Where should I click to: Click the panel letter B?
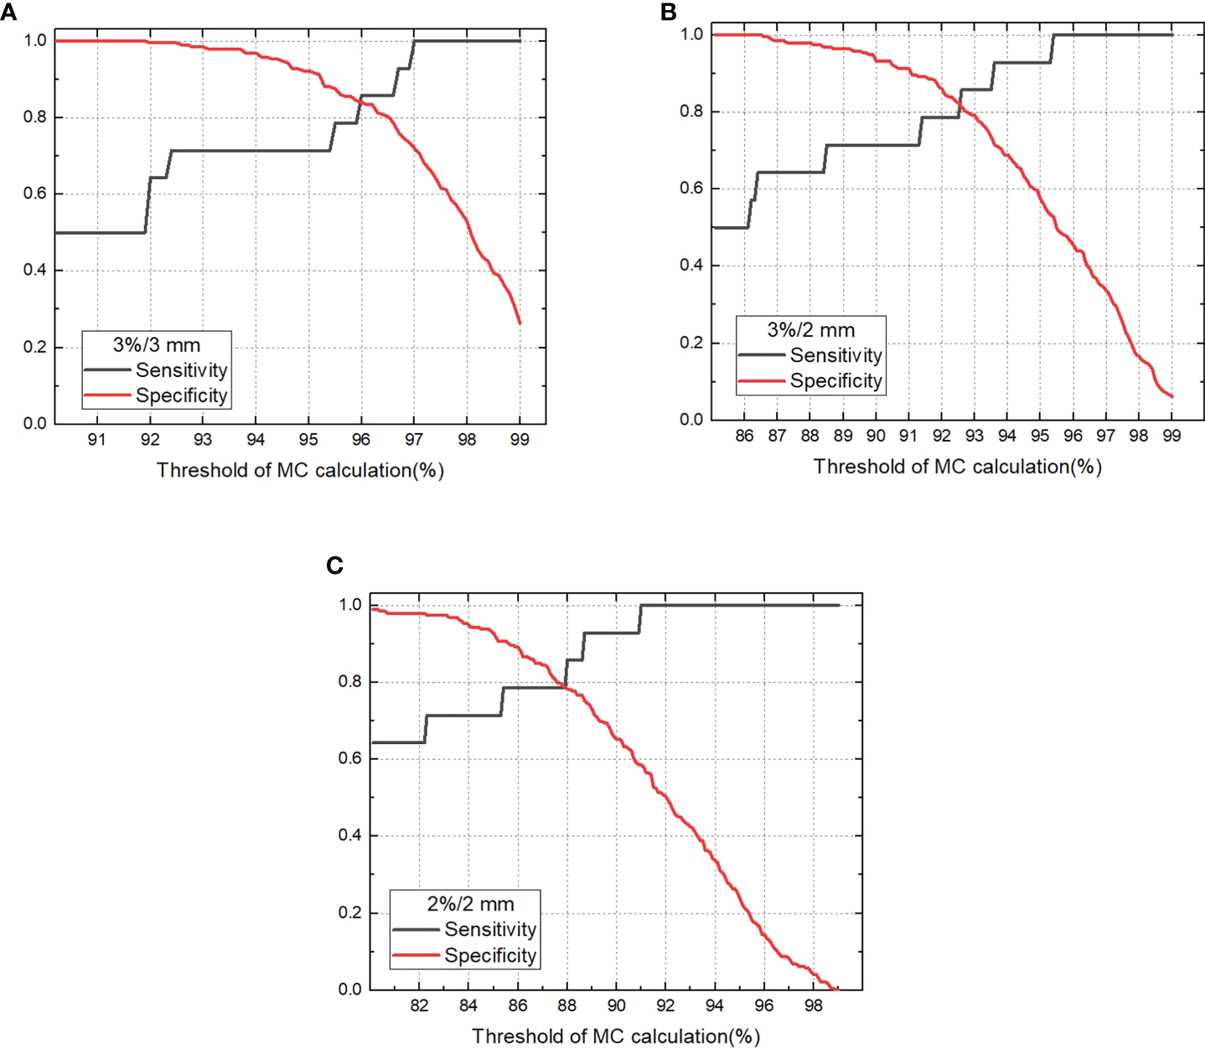pos(668,12)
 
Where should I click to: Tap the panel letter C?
pos(334,566)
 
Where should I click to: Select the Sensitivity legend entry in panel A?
pos(181,370)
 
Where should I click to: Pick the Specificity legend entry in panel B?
pos(835,381)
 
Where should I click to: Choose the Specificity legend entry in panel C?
pos(490,955)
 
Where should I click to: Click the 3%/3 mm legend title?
pos(157,344)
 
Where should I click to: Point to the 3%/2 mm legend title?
pos(811,330)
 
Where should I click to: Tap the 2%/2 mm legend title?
pos(470,904)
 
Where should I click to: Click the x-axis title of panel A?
pos(300,471)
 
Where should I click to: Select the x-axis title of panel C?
pos(616,1036)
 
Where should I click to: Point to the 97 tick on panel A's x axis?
pos(413,441)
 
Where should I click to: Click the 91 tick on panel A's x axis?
pos(97,441)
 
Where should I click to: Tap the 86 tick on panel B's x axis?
pos(744,436)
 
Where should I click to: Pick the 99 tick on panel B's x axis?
pos(1171,436)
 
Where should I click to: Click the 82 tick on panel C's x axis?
pos(420,1005)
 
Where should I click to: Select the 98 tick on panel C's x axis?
pos(813,1005)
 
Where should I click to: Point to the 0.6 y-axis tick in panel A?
pos(34,194)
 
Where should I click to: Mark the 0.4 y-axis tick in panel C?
pos(349,835)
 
